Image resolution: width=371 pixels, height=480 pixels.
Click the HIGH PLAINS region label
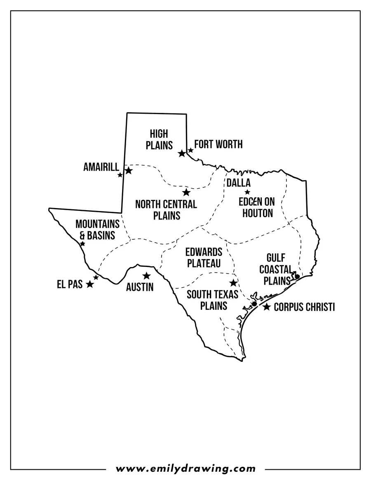point(159,139)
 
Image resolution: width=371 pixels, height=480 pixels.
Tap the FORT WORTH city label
point(218,144)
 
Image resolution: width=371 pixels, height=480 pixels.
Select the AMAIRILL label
point(101,167)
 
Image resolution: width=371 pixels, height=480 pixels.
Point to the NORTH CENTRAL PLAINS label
point(166,209)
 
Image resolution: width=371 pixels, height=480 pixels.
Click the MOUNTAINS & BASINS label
point(97,229)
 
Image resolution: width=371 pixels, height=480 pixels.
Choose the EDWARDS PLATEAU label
point(204,258)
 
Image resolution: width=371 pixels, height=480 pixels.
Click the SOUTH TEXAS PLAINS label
point(212,300)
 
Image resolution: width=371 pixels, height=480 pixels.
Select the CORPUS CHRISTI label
point(304,307)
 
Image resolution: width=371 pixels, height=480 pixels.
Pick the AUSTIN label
point(140,287)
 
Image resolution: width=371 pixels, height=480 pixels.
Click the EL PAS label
point(70,284)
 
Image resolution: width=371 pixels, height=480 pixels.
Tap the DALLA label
point(238,183)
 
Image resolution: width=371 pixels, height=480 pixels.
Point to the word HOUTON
point(258,213)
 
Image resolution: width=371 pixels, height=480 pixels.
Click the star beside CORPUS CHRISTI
point(267,307)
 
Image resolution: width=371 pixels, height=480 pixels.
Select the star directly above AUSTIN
point(146,276)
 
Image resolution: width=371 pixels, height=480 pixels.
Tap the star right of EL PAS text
point(90,284)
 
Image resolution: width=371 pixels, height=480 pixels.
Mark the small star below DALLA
point(247,192)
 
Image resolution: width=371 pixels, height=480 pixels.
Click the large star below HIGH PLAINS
point(182,154)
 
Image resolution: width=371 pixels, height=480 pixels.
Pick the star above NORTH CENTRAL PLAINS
point(186,192)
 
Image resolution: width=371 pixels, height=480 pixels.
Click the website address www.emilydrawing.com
point(185,468)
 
